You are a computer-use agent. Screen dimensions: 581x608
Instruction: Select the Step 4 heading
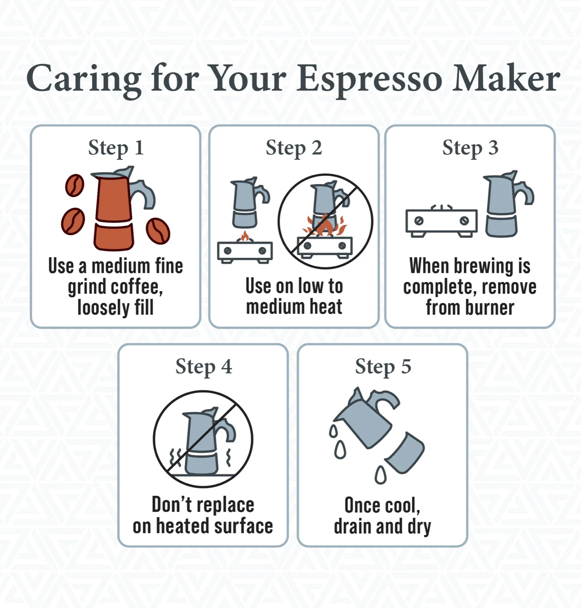pos(204,367)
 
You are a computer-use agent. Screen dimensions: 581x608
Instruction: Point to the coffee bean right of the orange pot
pos(158,231)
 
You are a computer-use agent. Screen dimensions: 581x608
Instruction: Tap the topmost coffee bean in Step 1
pos(75,185)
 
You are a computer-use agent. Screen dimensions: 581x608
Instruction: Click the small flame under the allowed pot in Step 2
pos(245,236)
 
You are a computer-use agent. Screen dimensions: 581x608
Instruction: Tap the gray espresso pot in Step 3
pos(506,204)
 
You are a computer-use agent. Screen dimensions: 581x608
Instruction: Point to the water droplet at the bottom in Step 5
pos(380,475)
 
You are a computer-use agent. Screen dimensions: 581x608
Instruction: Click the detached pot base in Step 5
pos(405,452)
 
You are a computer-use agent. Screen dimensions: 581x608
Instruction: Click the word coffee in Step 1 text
pos(137,287)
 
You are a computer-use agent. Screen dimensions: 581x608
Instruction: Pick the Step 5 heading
pos(383,367)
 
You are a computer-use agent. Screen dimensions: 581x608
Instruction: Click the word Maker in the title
pos(506,79)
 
